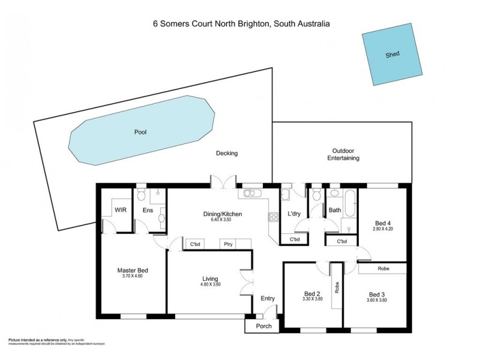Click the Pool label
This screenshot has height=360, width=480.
click(x=141, y=132)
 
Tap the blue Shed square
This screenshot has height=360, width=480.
click(x=392, y=53)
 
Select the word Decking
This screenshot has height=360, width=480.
click(x=227, y=153)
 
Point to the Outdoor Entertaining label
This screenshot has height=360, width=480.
click(x=343, y=154)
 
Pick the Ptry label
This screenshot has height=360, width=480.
click(x=229, y=244)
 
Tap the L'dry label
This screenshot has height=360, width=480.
click(x=294, y=214)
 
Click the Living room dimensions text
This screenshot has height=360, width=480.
click(x=210, y=286)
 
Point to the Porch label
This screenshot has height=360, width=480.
click(x=264, y=326)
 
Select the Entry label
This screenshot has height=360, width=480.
click(x=268, y=298)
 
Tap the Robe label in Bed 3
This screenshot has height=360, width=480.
click(x=383, y=269)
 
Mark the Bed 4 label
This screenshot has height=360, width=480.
click(x=381, y=223)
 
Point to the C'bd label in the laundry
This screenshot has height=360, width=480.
click(x=295, y=240)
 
